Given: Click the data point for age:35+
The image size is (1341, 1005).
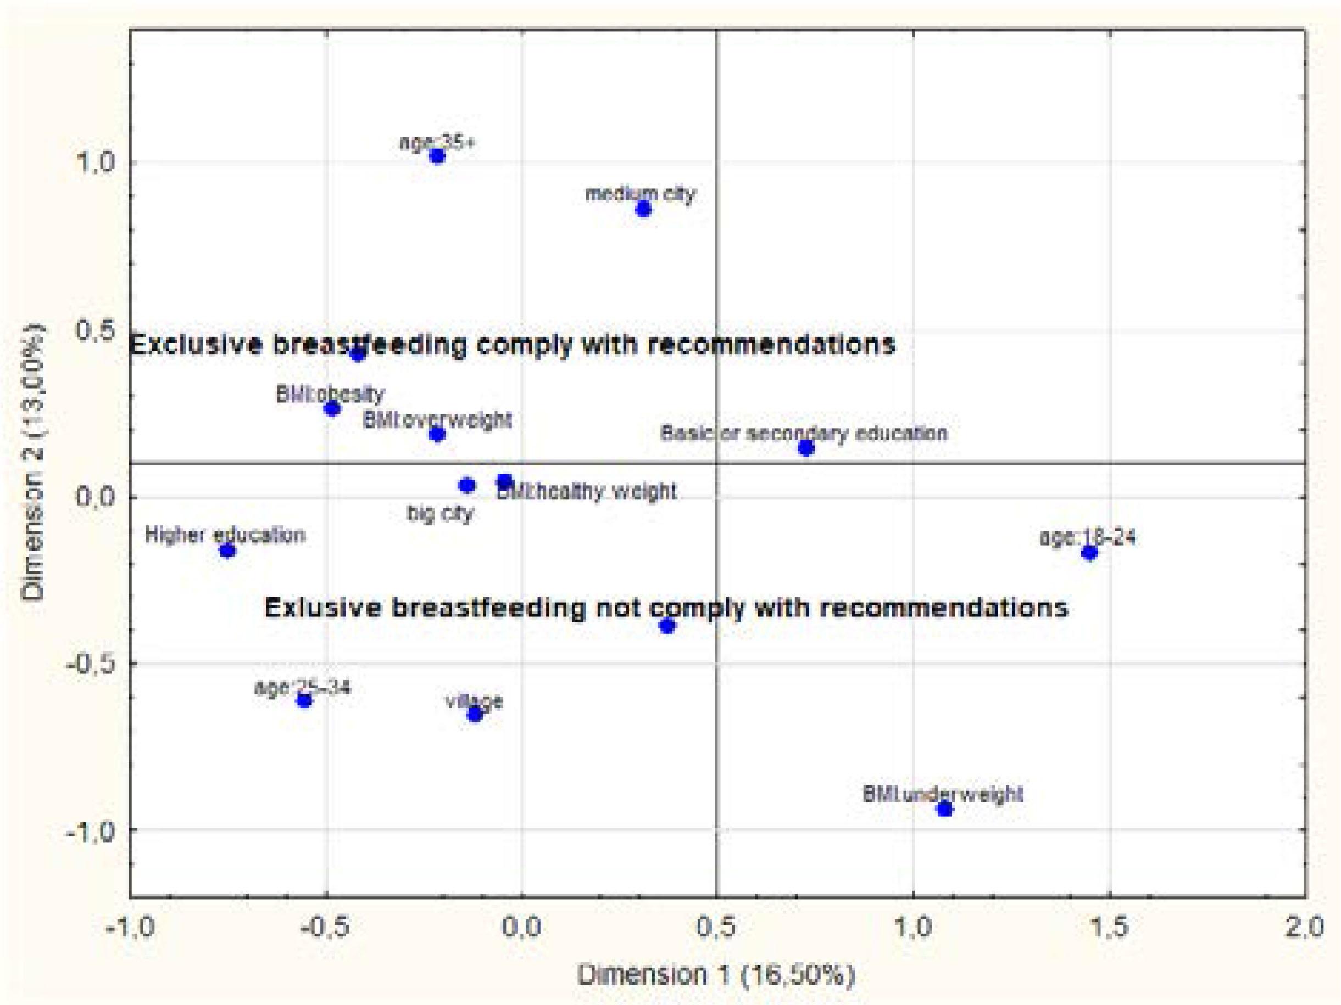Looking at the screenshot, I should [437, 156].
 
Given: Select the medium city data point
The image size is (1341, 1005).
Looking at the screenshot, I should [643, 209].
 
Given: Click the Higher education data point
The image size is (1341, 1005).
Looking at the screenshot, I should [227, 550].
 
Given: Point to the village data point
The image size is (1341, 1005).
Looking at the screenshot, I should [475, 714].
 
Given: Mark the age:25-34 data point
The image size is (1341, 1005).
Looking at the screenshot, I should [304, 700].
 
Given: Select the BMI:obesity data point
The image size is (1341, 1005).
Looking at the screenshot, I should [332, 408].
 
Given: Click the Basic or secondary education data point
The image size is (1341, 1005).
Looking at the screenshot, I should [806, 448].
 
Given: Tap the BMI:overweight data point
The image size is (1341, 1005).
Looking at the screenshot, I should [437, 434].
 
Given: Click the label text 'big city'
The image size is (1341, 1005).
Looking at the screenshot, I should [440, 514].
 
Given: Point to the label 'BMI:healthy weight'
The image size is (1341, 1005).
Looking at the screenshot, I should [586, 491].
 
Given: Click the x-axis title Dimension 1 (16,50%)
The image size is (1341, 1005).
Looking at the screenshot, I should [716, 975].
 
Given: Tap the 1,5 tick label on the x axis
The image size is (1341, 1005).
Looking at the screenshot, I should [1109, 928].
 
